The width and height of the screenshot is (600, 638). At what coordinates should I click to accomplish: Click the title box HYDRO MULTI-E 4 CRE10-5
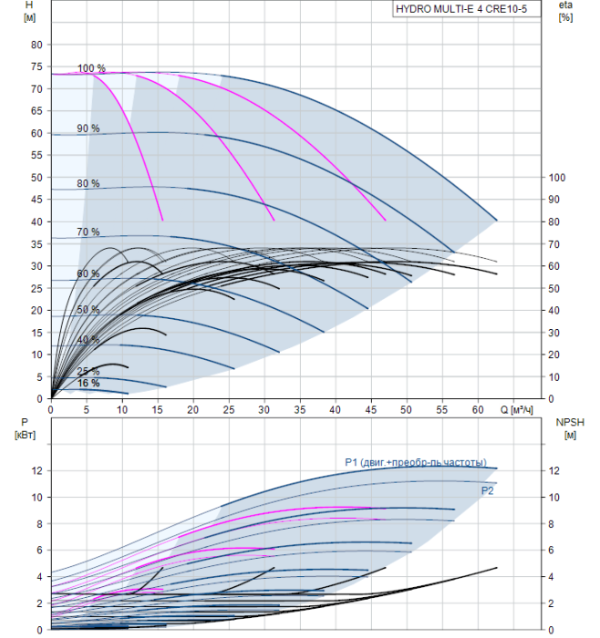click(467, 9)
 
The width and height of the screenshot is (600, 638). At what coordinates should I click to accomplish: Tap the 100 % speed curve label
click(91, 68)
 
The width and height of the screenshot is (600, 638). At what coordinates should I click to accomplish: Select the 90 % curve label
click(88, 129)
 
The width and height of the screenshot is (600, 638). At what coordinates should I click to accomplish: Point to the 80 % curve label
click(88, 183)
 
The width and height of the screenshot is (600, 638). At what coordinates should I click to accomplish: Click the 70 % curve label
click(88, 232)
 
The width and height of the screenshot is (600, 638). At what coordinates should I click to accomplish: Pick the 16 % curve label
click(88, 383)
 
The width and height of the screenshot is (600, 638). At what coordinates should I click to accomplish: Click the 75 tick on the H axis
click(36, 67)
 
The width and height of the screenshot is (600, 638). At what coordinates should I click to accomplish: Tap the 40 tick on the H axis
click(36, 221)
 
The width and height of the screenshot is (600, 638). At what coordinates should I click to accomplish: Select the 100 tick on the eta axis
click(556, 178)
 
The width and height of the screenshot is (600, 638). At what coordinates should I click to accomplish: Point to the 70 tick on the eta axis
click(553, 244)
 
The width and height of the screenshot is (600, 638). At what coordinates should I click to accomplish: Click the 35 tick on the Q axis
click(300, 410)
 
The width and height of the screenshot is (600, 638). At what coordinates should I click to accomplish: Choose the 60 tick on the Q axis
click(478, 410)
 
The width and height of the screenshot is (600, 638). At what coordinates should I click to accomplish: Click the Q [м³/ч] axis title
click(516, 410)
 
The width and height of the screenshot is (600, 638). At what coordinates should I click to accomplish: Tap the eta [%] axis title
click(566, 11)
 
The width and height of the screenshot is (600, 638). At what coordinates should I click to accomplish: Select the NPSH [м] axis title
click(570, 428)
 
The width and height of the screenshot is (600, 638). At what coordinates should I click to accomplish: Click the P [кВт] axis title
click(25, 428)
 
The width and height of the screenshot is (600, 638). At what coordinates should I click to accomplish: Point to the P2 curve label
click(487, 490)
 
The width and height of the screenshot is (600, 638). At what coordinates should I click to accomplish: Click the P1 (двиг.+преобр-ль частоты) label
click(416, 463)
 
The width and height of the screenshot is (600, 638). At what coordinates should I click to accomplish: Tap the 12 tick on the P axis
click(37, 470)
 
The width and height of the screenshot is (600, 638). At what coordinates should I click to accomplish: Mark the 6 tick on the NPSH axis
click(551, 551)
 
